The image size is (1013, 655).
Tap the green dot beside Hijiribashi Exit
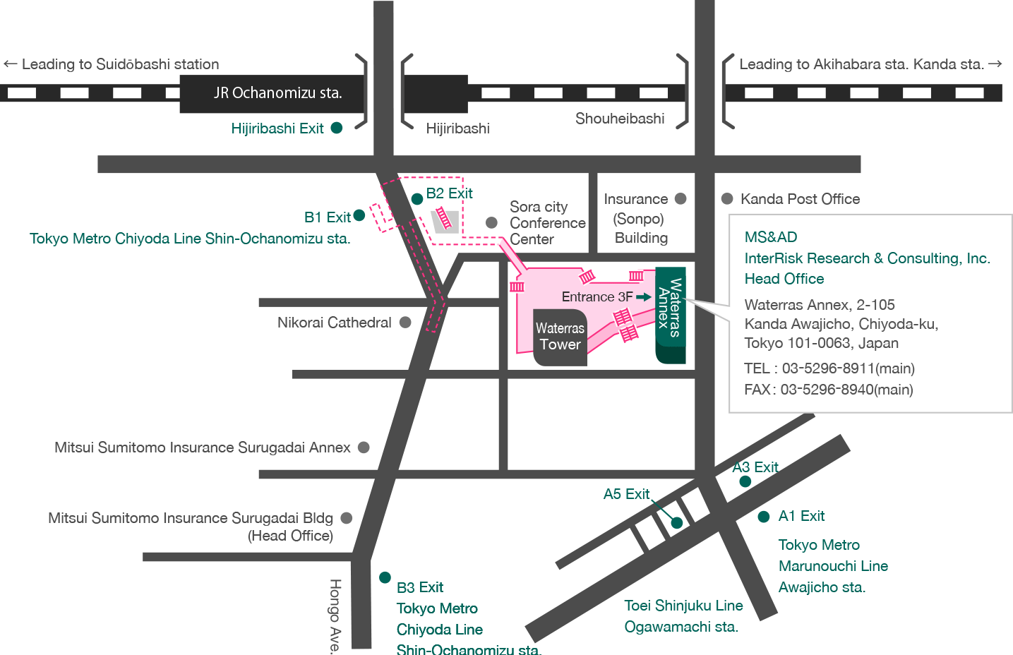click(337, 128)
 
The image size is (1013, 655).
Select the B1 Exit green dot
click(359, 215)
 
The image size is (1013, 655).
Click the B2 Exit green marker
click(417, 199)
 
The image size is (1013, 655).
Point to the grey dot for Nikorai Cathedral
click(405, 323)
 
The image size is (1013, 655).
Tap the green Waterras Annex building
click(670, 314)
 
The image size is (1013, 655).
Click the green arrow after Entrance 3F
click(643, 297)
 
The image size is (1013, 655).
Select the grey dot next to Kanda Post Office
click(727, 199)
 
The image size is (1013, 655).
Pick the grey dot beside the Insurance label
click(681, 199)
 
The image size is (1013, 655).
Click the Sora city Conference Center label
click(547, 223)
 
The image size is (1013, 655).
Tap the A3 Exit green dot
click(745, 481)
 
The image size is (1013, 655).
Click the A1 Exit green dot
click(763, 517)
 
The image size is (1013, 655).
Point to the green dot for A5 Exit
click(677, 523)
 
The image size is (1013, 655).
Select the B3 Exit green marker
click(385, 577)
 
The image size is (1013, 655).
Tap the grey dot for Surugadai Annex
click(364, 447)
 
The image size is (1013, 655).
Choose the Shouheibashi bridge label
click(619, 119)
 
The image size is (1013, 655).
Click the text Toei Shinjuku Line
click(683, 606)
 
